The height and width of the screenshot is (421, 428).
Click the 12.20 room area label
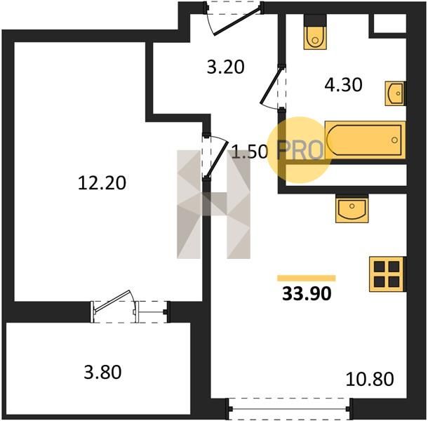click(102, 182)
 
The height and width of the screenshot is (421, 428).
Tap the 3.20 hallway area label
click(225, 67)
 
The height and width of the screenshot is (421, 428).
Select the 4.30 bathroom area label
click(343, 84)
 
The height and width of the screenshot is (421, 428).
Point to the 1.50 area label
click(250, 152)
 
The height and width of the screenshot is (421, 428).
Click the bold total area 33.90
click(307, 293)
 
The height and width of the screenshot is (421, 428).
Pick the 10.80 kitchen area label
click(370, 379)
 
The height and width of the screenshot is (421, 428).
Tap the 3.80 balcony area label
click(102, 372)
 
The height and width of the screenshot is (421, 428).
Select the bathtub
click(366, 140)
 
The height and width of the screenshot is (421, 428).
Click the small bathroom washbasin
click(394, 93)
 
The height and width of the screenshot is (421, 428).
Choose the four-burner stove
click(386, 274)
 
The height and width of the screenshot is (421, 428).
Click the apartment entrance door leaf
click(237, 22)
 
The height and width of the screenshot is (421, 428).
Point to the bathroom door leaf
click(271, 85)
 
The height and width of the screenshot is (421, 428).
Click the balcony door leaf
click(112, 300)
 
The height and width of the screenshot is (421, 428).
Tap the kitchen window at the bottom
click(289, 408)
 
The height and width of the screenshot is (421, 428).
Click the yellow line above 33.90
click(306, 278)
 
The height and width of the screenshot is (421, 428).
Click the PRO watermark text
click(300, 150)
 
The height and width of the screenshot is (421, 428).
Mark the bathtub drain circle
click(394, 140)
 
